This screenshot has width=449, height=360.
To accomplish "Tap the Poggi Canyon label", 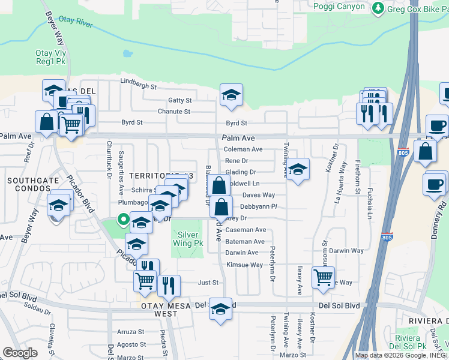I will coord(339,6).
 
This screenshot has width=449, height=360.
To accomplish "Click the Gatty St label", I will coord(179,100).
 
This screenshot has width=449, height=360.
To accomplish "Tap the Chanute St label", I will coord(173,112).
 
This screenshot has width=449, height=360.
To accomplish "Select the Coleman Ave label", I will coord(243,149).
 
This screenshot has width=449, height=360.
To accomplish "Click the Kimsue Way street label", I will coord(244,265).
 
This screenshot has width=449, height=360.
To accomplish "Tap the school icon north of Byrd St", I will coord(231,95).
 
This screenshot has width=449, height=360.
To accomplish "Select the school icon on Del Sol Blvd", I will coord(221,308).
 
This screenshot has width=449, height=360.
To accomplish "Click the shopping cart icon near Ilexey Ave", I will coord(324,277).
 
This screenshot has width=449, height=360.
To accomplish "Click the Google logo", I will coord(20,353).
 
